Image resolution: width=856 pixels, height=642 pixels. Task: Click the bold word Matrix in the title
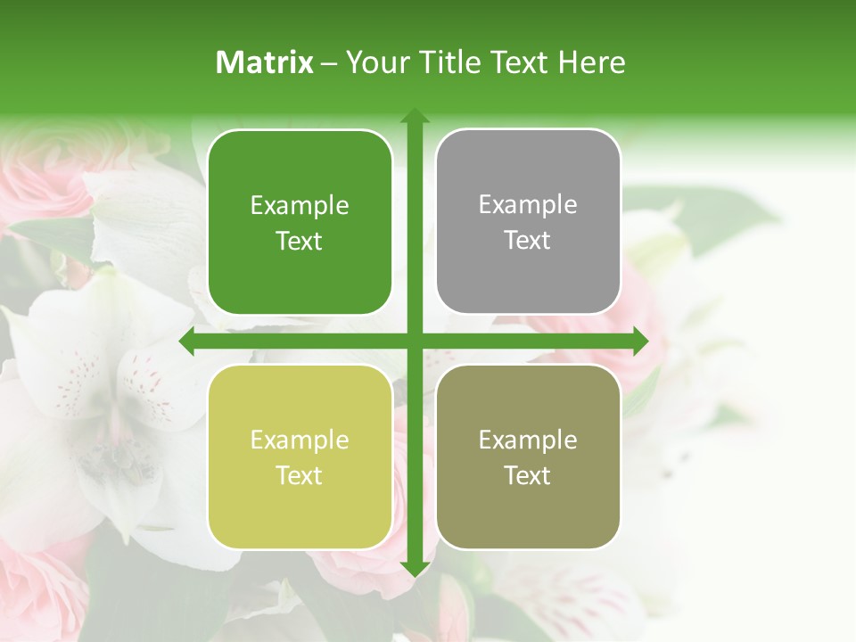click(265, 62)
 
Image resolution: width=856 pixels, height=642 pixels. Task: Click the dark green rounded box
click(300, 222)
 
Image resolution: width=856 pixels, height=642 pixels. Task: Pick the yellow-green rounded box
click(300, 457)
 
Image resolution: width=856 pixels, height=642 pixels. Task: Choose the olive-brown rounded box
click(528, 457)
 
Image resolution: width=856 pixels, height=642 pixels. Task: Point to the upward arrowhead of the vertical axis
click(414, 116)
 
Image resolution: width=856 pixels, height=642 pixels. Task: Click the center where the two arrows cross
click(414, 341)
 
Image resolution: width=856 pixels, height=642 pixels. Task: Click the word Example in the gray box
click(528, 204)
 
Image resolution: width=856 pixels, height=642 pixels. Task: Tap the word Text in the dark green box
click(300, 241)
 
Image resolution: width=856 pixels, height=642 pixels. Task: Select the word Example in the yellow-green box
click(300, 440)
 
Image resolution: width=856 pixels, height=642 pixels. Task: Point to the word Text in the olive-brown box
click(528, 475)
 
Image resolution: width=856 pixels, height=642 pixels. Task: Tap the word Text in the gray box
click(528, 240)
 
